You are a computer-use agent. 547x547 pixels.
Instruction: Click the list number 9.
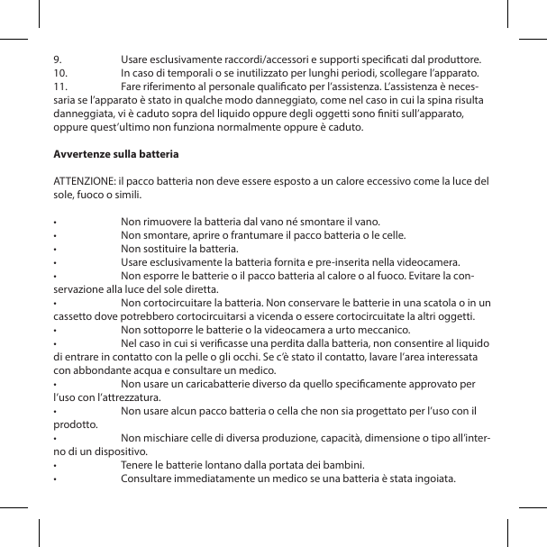[x=58, y=59]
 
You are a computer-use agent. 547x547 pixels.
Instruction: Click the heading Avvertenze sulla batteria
[x=116, y=154]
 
